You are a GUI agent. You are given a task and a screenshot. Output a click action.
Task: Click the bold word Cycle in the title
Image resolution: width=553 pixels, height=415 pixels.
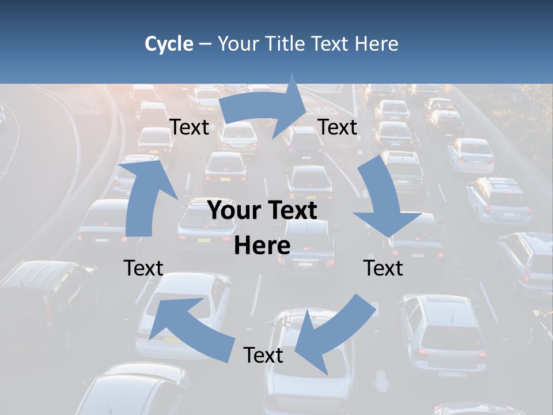tap(169, 44)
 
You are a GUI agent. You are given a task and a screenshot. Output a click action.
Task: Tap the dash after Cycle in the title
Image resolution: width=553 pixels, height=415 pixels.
tap(205, 44)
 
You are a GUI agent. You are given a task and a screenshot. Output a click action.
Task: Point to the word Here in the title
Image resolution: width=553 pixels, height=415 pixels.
tap(376, 44)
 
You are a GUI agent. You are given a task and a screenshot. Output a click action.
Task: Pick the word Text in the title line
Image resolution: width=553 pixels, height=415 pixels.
tap(330, 44)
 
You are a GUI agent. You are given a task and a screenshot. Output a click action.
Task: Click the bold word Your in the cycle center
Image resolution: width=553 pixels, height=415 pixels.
tap(234, 210)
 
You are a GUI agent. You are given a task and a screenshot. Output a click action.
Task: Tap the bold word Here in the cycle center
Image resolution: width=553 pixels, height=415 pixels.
tap(262, 246)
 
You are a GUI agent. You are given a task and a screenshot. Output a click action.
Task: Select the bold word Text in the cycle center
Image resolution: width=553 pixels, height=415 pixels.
tap(290, 210)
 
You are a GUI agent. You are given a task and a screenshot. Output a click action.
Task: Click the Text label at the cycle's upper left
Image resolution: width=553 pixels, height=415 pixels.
tap(189, 127)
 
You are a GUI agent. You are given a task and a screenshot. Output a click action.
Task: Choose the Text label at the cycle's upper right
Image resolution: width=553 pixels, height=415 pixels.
tap(338, 127)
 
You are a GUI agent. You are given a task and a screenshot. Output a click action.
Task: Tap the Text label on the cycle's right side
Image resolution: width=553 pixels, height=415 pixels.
tap(383, 268)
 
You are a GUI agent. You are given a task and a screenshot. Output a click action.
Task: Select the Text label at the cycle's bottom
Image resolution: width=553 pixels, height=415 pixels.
tap(263, 355)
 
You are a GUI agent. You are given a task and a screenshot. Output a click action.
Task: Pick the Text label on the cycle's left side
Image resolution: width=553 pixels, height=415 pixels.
tap(143, 268)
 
